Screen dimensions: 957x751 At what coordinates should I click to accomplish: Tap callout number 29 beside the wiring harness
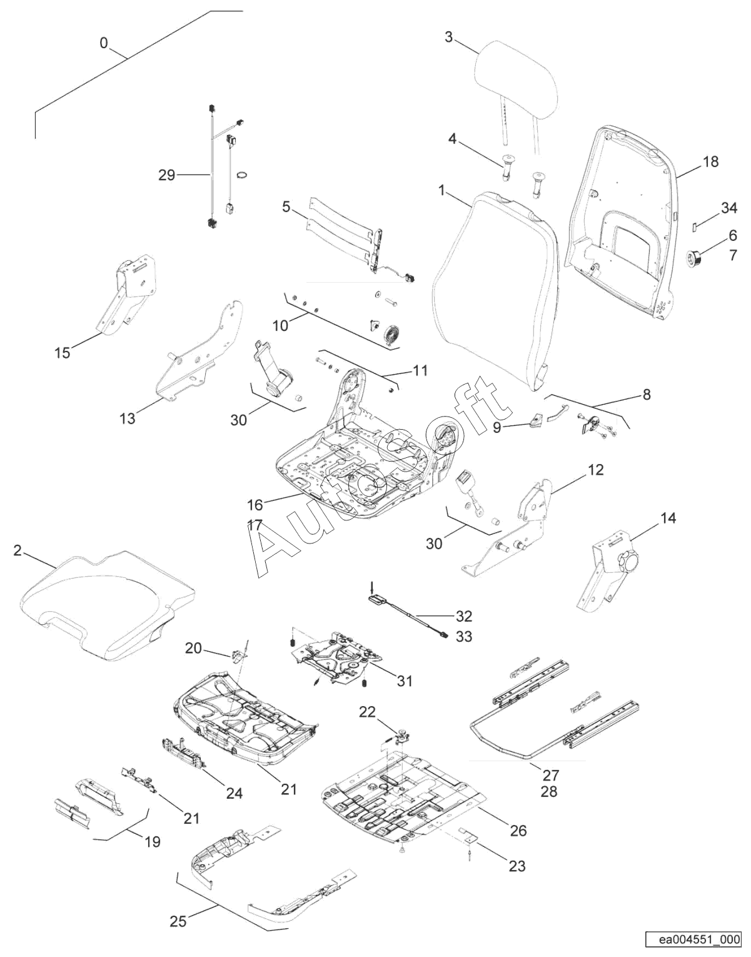[166, 175]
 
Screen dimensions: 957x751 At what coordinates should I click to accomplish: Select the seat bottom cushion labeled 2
[106, 600]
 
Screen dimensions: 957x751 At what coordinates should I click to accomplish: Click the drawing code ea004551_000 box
[695, 939]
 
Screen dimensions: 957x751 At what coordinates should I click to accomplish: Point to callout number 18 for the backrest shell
[710, 162]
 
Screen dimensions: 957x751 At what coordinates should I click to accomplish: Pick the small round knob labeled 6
[693, 256]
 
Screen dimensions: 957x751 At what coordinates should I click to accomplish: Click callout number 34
[729, 208]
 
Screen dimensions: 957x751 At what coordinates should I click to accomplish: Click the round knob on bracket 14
[627, 560]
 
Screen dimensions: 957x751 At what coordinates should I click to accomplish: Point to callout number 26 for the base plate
[518, 830]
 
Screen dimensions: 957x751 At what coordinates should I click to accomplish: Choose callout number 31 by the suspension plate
[405, 681]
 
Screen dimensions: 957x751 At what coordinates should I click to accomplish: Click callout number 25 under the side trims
[178, 921]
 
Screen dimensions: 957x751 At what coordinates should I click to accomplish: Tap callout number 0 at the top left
[104, 43]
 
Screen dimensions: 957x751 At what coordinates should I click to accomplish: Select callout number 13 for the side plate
[127, 418]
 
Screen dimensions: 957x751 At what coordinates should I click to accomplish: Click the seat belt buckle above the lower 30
[468, 482]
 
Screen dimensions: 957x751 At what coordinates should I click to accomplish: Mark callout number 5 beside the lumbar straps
[286, 207]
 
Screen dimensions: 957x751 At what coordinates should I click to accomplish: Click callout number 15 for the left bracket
[62, 353]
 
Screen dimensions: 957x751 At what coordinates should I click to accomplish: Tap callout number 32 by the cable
[463, 616]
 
